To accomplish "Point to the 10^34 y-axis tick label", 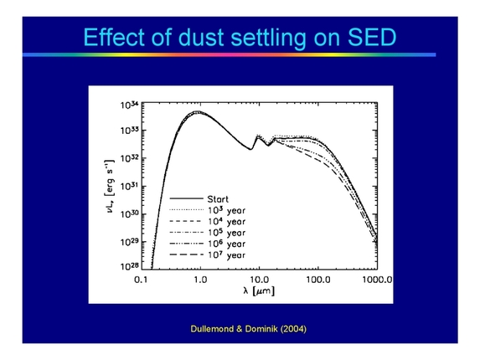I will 127,105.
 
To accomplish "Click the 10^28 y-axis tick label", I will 127,267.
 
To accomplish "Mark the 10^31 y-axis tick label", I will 127,186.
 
